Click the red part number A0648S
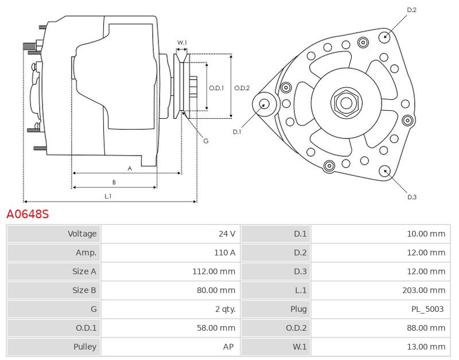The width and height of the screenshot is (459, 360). pos(28,215)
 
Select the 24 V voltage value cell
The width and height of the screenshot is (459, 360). pos(227,234)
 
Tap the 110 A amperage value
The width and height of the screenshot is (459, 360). pos(224,253)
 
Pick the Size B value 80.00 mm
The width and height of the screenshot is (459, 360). pos(216,291)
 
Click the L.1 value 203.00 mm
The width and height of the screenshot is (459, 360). pos(423,291)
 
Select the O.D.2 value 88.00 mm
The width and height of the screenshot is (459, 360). pos(425,328)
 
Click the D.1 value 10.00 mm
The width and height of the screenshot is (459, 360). pos(425,234)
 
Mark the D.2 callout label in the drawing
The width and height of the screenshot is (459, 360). pos(411,10)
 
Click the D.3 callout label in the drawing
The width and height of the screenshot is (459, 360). pos(411,197)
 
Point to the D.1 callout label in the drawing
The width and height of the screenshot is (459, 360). pos(237,132)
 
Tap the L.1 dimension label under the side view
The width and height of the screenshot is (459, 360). pos(108,196)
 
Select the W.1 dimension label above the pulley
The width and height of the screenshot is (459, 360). pos(181,43)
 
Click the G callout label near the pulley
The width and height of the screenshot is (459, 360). pos(205,141)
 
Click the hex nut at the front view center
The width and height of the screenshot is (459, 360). pos(346,103)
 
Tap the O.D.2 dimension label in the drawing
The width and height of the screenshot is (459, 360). pos(242,88)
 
